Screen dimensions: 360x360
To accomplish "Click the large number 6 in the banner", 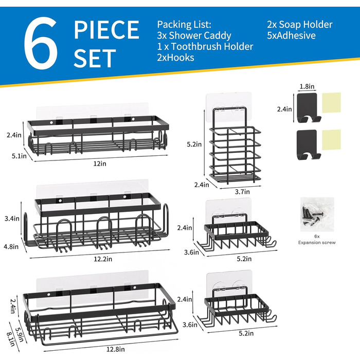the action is (x=41, y=43).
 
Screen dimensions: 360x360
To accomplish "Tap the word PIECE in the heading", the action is (x=106, y=30).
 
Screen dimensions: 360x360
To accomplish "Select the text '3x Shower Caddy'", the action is (x=194, y=35).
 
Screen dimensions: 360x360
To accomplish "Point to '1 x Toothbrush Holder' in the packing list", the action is (x=205, y=46).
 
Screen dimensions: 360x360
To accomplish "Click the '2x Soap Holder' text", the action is (x=300, y=25).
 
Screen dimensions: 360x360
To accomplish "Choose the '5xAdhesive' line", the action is (x=291, y=35).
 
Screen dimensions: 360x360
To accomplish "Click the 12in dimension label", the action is (x=100, y=164).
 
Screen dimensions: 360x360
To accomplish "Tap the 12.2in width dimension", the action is (x=103, y=259).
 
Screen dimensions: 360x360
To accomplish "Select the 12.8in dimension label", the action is (x=116, y=349).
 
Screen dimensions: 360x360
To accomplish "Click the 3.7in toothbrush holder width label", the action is (x=242, y=191).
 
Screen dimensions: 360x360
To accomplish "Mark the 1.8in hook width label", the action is (x=307, y=86).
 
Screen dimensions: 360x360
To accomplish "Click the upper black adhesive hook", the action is (x=308, y=107).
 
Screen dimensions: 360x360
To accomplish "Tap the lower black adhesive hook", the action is (x=308, y=145).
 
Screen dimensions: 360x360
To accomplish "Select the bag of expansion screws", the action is (x=317, y=214).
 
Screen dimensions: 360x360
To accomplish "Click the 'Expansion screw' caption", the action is (x=317, y=242).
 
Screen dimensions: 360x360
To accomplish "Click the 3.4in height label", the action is (x=12, y=219).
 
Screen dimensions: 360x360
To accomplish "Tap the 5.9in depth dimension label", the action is (x=20, y=334).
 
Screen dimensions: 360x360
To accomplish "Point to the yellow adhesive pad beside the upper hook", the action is (x=331, y=103).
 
